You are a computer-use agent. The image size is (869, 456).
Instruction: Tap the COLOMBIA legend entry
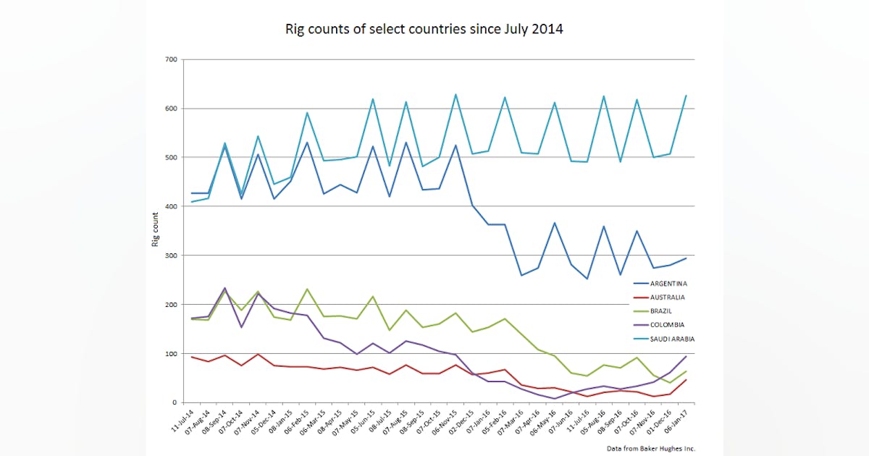click(667, 325)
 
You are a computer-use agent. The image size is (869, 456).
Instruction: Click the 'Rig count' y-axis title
click(155, 230)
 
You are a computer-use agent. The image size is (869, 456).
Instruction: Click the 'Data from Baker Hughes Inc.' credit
click(650, 449)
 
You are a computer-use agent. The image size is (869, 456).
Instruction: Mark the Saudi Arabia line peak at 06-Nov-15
click(456, 94)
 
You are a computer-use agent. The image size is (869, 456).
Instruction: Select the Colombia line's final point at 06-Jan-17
click(686, 356)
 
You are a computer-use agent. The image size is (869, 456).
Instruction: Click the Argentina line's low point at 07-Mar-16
click(521, 275)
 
